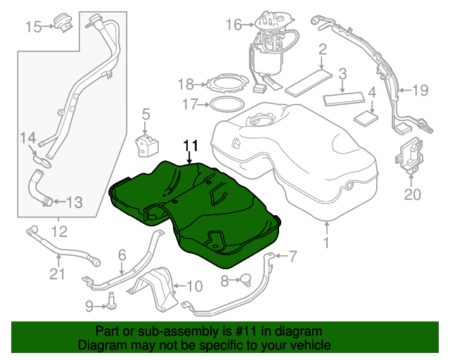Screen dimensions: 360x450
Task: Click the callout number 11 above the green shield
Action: point(191,146)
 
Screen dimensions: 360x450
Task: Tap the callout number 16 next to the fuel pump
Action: point(233,25)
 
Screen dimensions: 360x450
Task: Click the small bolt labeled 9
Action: point(111,304)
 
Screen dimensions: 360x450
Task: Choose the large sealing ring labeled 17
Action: point(224,105)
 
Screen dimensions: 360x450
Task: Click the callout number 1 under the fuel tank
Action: point(326,245)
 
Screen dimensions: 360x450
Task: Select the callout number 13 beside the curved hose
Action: point(74,202)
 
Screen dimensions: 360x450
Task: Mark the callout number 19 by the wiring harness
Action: point(420,89)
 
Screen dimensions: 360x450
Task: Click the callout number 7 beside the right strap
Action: point(292,255)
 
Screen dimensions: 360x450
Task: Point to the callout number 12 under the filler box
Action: point(59,230)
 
